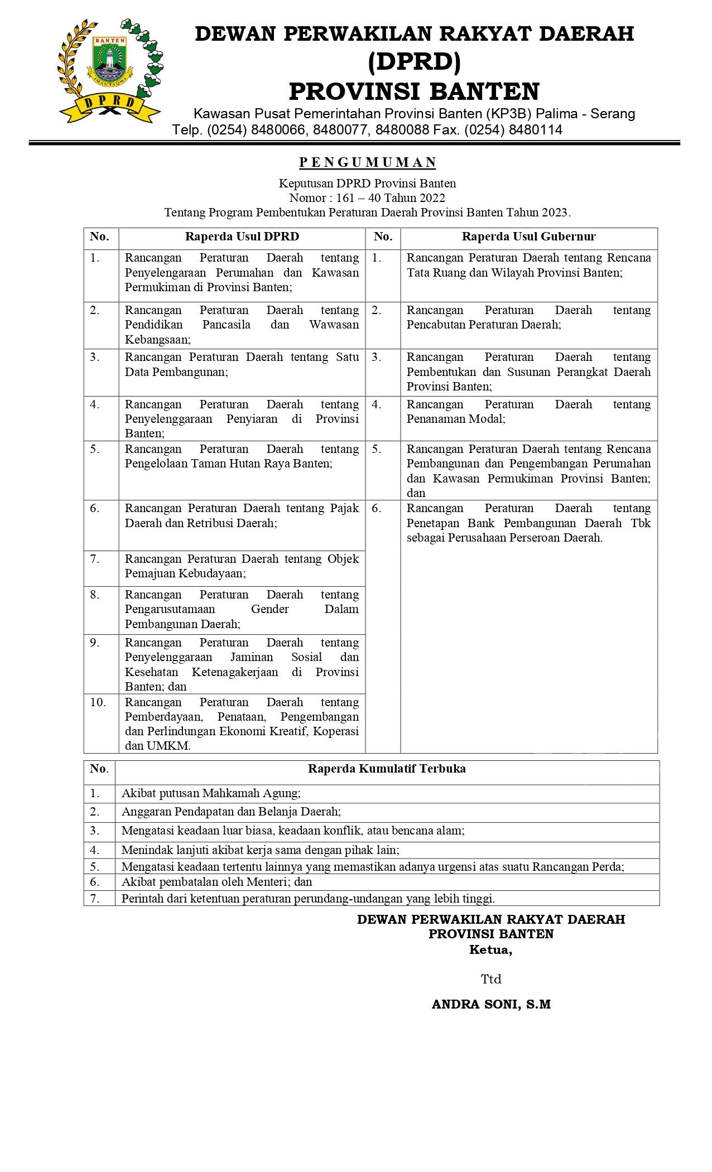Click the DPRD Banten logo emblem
[110, 70]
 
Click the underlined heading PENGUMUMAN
[368, 162]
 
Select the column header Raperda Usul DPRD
[242, 237]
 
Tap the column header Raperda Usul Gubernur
[528, 237]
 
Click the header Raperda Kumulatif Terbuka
[387, 769]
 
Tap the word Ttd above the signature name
[491, 979]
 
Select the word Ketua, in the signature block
[491, 950]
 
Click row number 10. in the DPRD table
[98, 702]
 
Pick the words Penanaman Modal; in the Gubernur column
[456, 419]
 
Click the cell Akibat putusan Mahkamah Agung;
[211, 793]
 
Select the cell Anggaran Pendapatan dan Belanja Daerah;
[231, 812]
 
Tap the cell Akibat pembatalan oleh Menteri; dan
[217, 882]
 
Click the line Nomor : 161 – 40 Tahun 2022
[367, 198]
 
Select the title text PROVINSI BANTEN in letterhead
[414, 91]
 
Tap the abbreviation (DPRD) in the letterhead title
[414, 62]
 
